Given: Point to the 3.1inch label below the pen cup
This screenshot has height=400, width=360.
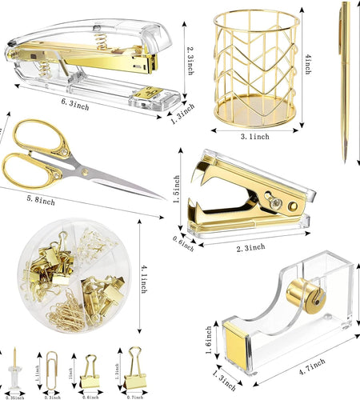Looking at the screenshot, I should (254, 137).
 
